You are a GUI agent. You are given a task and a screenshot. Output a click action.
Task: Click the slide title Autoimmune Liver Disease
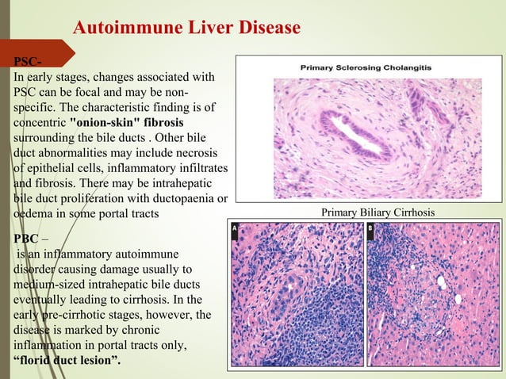coord(186,29)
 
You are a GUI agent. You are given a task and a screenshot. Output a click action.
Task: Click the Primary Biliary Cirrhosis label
coord(378,212)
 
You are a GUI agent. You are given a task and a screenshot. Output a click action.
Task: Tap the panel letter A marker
coord(235,228)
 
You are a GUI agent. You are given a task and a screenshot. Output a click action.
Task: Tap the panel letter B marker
coord(371,228)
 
